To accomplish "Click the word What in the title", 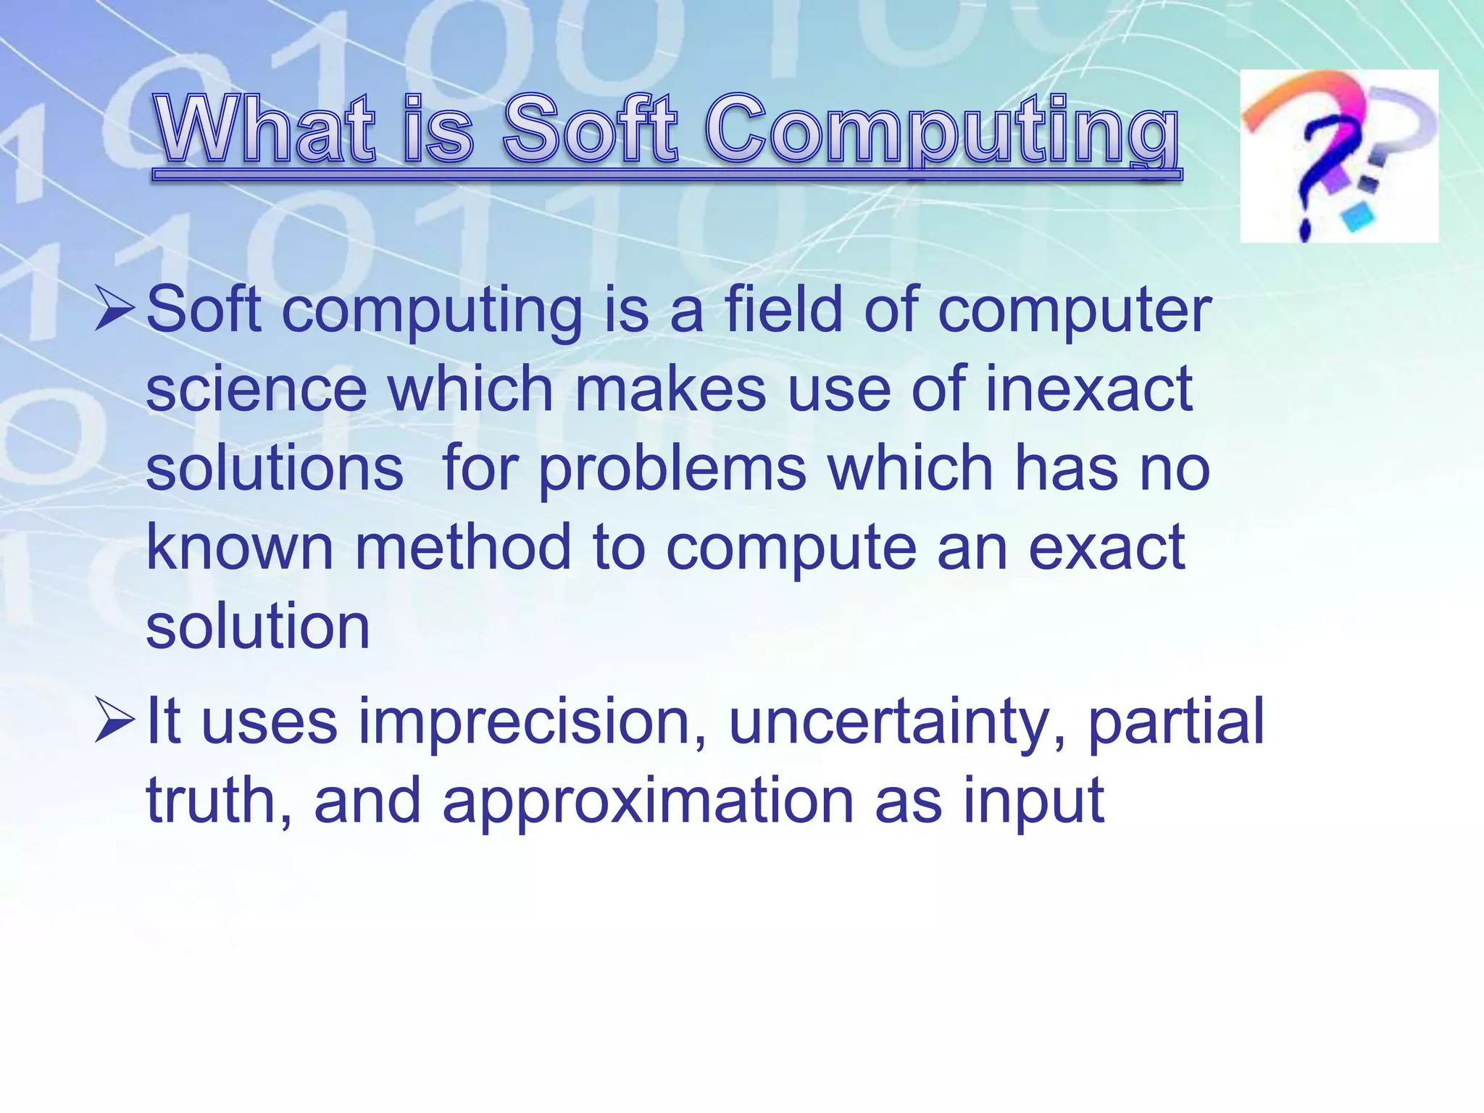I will [264, 129].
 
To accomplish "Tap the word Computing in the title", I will [942, 130].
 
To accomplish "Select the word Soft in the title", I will [590, 129].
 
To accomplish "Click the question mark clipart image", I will [1338, 156].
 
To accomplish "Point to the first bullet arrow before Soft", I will [114, 308].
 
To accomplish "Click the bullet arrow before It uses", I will [114, 720].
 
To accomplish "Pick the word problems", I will [672, 470].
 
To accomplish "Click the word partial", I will [1175, 722].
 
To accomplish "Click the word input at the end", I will [1033, 802].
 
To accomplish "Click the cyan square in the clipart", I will [1358, 216].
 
